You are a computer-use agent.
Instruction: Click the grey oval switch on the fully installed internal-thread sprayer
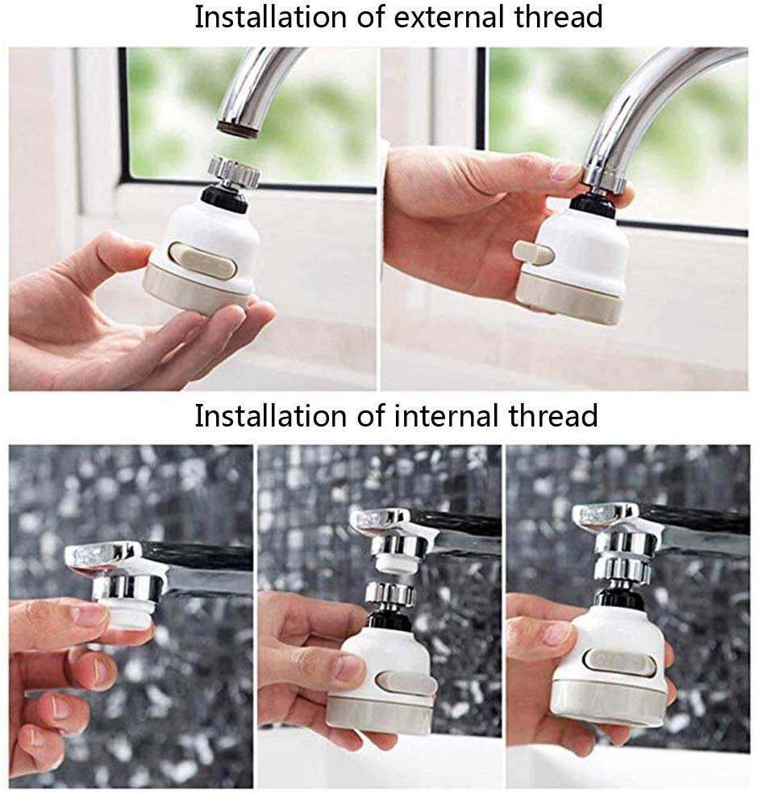620,658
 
